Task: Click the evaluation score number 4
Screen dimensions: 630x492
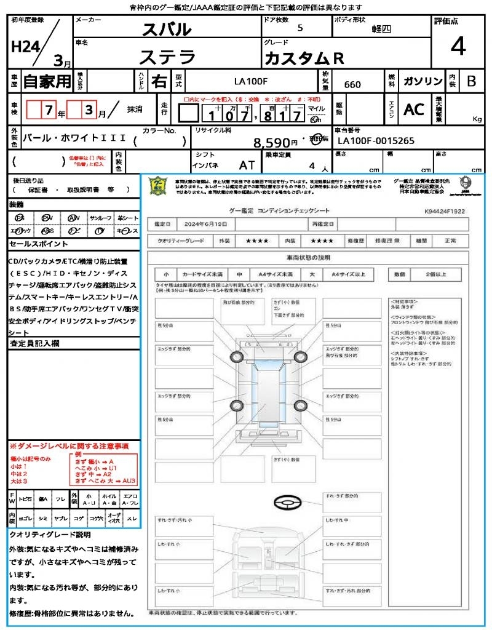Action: pyautogui.click(x=458, y=47)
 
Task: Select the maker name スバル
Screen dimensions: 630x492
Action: pyautogui.click(x=166, y=29)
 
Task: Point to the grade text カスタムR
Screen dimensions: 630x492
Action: pyautogui.click(x=304, y=58)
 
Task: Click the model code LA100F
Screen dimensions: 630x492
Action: pyautogui.click(x=251, y=81)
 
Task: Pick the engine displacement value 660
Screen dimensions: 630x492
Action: pyautogui.click(x=352, y=84)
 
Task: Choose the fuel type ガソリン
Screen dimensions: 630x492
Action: pyautogui.click(x=423, y=81)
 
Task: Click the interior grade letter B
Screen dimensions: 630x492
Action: pyautogui.click(x=471, y=81)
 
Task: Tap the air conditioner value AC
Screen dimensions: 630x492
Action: pyautogui.click(x=413, y=110)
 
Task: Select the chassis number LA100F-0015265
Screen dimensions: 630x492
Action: pyautogui.click(x=376, y=141)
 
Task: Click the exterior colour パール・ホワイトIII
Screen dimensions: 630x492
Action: pyautogui.click(x=74, y=139)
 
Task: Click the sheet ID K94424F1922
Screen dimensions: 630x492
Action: pyautogui.click(x=445, y=210)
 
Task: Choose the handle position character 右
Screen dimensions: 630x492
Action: pyautogui.click(x=159, y=81)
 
